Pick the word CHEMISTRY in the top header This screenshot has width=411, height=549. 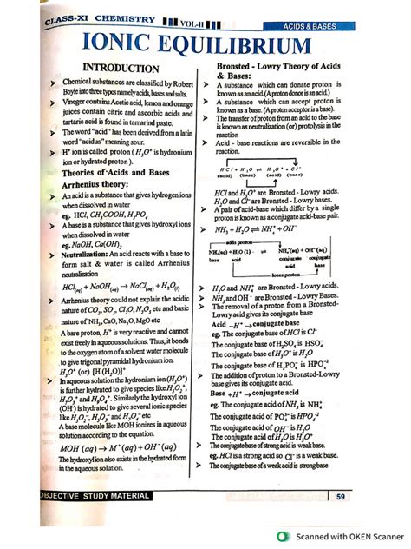114,17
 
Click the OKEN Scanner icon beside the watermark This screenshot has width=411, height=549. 284,536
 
